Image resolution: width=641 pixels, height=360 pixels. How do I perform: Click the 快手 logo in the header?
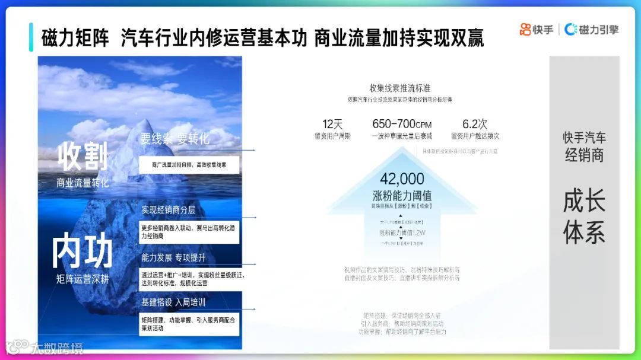pyautogui.click(x=537, y=29)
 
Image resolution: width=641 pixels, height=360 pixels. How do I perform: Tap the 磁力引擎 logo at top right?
pyautogui.click(x=591, y=29)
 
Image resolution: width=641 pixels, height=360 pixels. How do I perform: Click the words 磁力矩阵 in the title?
pyautogui.click(x=75, y=37)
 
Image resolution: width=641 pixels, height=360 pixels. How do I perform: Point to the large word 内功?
pyautogui.click(x=82, y=251)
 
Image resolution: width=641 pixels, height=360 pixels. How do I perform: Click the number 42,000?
pyautogui.click(x=402, y=179)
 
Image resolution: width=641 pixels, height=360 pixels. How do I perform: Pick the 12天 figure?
pyautogui.click(x=332, y=124)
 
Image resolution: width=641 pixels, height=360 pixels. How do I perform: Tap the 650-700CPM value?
pyautogui.click(x=402, y=124)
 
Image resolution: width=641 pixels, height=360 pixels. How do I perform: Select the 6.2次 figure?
pyautogui.click(x=474, y=124)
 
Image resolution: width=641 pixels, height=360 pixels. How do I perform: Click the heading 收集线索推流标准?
pyautogui.click(x=400, y=88)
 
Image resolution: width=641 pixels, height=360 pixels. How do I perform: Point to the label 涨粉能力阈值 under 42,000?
pyautogui.click(x=402, y=195)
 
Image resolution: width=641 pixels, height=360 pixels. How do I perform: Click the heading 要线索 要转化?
pyautogui.click(x=175, y=139)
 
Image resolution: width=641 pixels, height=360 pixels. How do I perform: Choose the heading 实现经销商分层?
pyautogui.click(x=168, y=210)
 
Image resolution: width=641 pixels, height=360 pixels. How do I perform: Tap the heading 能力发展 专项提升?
pyautogui.click(x=173, y=258)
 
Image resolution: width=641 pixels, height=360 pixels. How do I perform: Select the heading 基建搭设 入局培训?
pyautogui.click(x=173, y=302)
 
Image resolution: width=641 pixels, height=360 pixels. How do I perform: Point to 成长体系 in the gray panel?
pyautogui.click(x=584, y=217)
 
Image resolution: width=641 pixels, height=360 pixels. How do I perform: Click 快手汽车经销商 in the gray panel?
pyautogui.click(x=584, y=146)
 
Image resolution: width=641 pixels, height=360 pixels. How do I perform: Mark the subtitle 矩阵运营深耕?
pyautogui.click(x=83, y=279)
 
